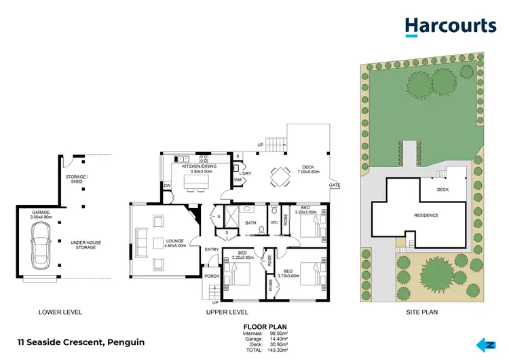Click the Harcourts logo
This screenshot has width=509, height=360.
(450, 26)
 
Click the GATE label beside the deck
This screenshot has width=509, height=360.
(335, 185)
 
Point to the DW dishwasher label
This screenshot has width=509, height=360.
(167, 185)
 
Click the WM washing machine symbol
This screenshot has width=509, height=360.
(238, 180)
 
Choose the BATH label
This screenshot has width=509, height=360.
(250, 223)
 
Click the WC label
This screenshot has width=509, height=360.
(275, 223)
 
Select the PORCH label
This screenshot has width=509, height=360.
(212, 276)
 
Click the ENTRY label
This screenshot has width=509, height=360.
(212, 250)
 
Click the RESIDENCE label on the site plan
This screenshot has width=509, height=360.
(426, 216)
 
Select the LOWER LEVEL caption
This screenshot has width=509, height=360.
(60, 312)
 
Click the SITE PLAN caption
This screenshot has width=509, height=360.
(421, 312)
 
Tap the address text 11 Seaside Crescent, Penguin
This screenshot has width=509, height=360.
(81, 342)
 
